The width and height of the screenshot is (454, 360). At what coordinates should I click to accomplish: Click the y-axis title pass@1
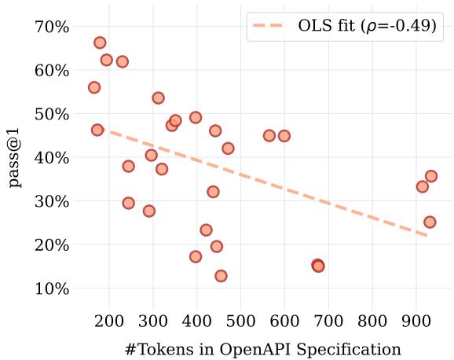pyautogui.click(x=14, y=157)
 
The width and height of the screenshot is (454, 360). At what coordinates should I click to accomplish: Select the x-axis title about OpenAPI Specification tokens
pyautogui.click(x=262, y=348)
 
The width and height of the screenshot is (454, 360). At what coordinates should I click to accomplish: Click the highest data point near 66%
pyautogui.click(x=100, y=42)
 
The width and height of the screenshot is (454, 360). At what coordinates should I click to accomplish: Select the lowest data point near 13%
pyautogui.click(x=221, y=276)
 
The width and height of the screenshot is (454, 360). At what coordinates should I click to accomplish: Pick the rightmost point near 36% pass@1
pyautogui.click(x=430, y=176)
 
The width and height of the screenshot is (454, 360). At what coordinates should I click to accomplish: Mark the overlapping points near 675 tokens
pyautogui.click(x=317, y=266)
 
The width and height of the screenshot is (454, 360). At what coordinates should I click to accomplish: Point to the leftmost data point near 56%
pyautogui.click(x=94, y=87)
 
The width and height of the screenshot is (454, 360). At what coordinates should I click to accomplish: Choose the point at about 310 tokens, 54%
pyautogui.click(x=158, y=98)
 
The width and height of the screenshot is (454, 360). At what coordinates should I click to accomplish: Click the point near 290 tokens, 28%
pyautogui.click(x=149, y=211)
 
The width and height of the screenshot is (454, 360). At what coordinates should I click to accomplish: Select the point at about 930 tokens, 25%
pyautogui.click(x=430, y=222)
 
